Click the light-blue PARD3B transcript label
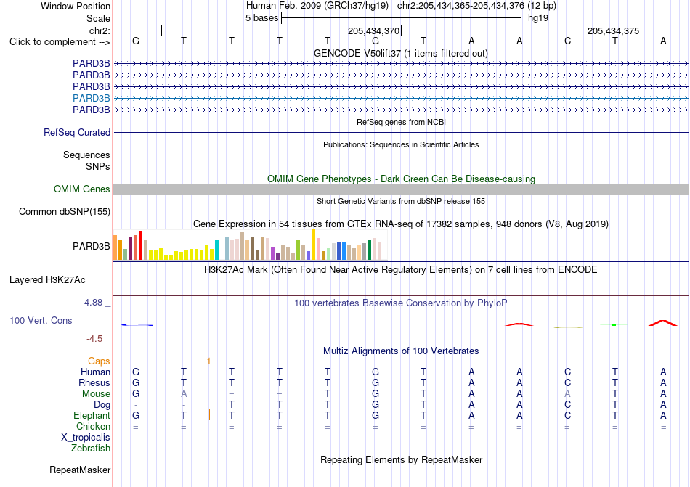click(x=91, y=98)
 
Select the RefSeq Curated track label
click(x=77, y=132)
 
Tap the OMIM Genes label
click(x=82, y=189)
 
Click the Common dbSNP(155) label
click(x=65, y=211)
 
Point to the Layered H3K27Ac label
click(x=47, y=280)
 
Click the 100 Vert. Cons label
click(x=41, y=320)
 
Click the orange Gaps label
click(x=99, y=361)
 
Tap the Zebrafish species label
click(x=91, y=449)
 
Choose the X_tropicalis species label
click(x=86, y=438)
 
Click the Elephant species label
click(x=92, y=415)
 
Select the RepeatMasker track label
click(x=80, y=470)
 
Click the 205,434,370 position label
click(x=373, y=30)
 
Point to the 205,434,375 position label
click(x=614, y=30)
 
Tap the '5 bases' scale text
click(x=261, y=18)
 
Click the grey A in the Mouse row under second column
click(x=184, y=394)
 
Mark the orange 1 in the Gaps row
click(x=208, y=361)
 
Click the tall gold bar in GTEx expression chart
click(x=313, y=245)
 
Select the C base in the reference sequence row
click(x=568, y=41)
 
